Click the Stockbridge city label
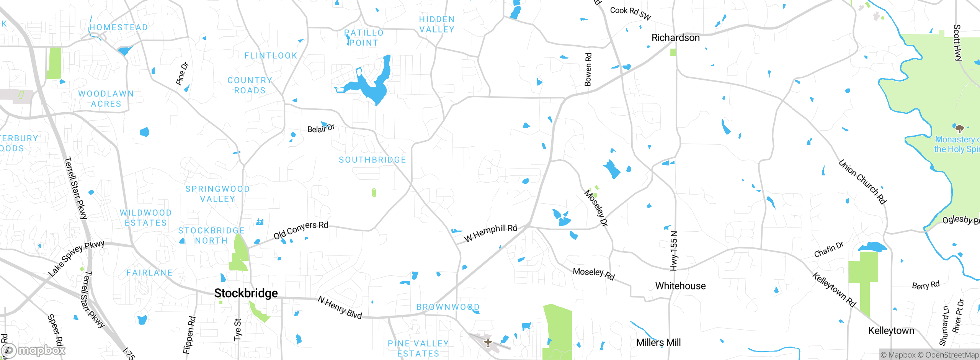[246, 293]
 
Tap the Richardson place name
[675, 38]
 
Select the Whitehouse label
[680, 286]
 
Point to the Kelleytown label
[891, 331]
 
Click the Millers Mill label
[658, 343]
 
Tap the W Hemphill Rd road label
[490, 233]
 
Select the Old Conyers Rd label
[301, 230]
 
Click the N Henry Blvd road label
[340, 308]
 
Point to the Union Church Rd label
[862, 182]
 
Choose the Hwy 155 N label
[674, 251]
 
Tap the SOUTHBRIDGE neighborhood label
[372, 160]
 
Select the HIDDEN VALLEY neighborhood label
[437, 25]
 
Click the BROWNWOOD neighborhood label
[448, 307]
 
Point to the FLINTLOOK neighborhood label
[271, 56]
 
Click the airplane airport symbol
[488, 342]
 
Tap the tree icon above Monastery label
[959, 128]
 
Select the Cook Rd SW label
[630, 13]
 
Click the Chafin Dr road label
[828, 250]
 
